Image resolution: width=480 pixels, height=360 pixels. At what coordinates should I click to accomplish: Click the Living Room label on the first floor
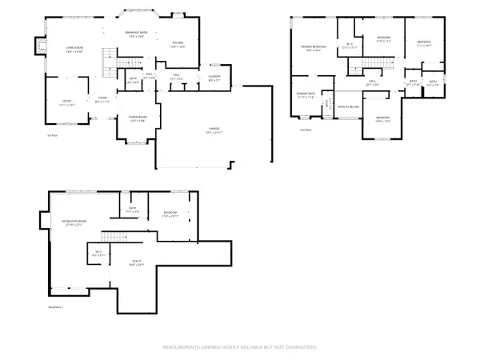[74, 50]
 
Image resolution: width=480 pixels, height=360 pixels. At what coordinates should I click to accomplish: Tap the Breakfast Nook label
[134, 34]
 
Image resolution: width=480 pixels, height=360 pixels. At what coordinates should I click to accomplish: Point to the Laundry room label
[214, 78]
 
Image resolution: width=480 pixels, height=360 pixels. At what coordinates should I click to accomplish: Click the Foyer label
[102, 101]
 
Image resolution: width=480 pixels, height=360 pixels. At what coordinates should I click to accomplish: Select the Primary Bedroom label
[312, 49]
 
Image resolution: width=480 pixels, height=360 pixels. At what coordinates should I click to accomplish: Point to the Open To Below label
[347, 105]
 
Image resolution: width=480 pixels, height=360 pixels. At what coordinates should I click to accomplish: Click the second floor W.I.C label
[349, 46]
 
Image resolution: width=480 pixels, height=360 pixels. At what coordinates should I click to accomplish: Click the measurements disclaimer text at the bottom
[240, 347]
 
